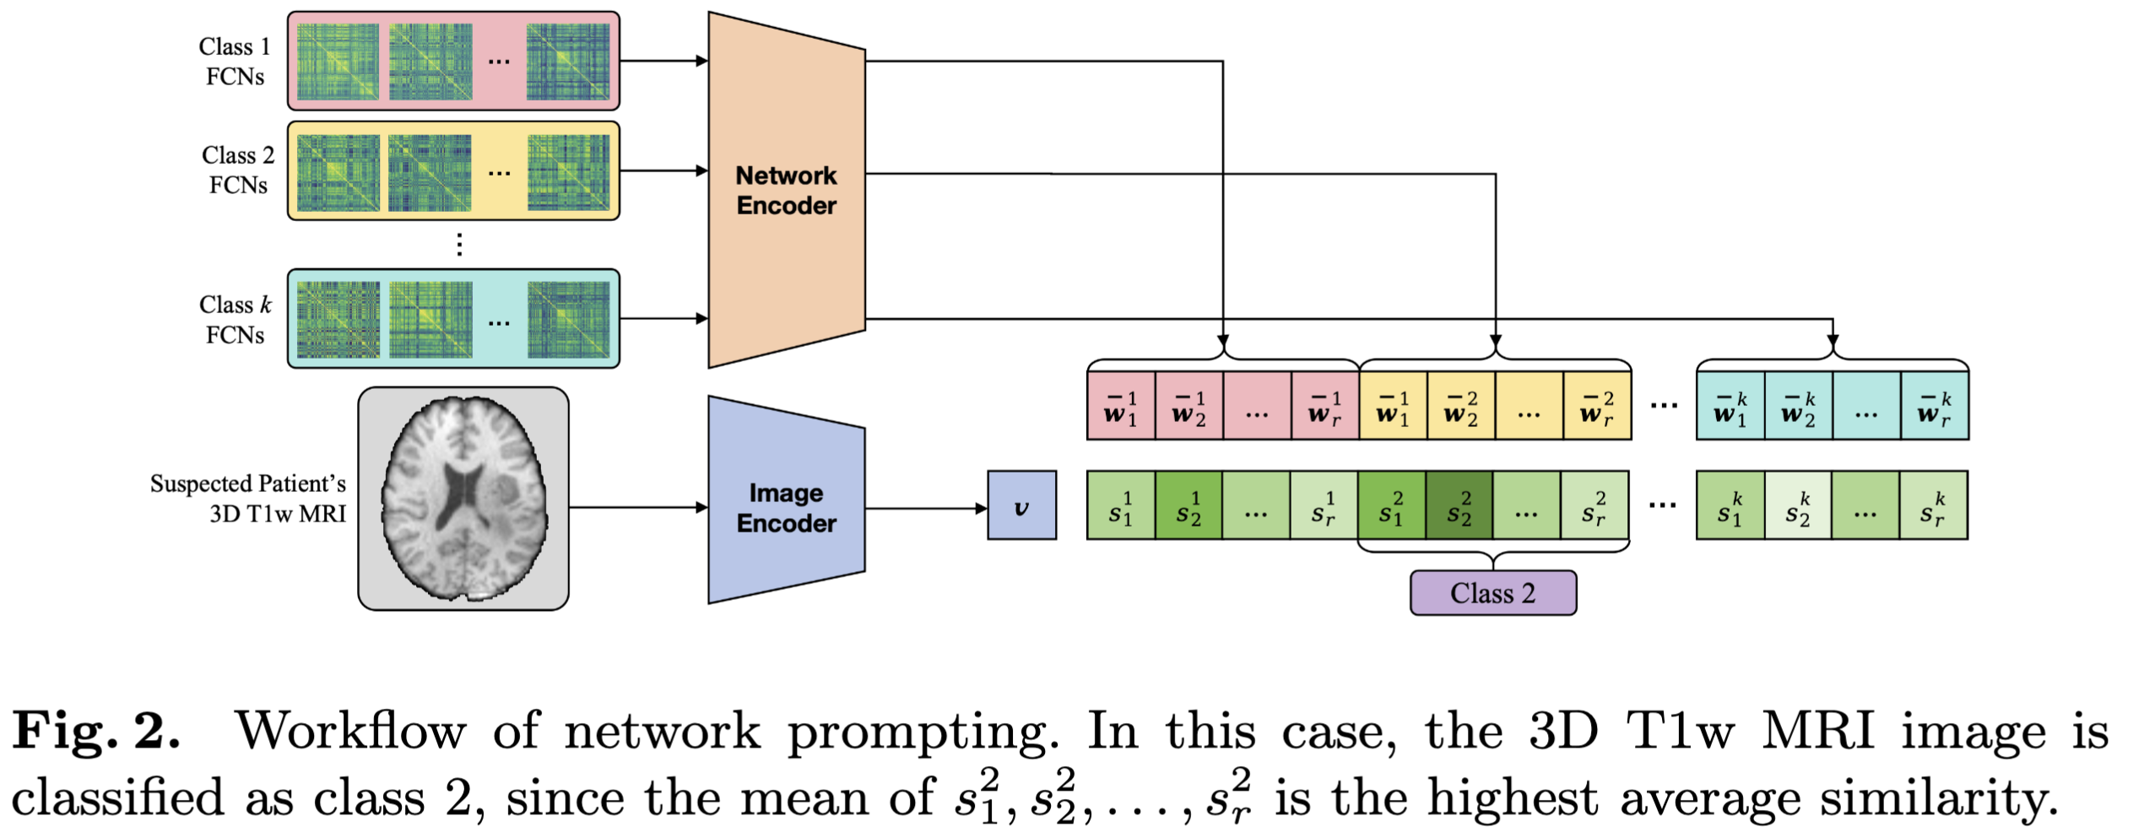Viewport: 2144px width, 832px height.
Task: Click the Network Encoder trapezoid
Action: (x=786, y=190)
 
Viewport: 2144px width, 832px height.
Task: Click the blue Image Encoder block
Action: (x=786, y=506)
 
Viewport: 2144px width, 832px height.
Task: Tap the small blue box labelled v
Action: (x=1021, y=505)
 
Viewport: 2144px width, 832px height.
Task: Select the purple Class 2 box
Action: (x=1492, y=593)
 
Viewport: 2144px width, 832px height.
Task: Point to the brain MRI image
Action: (x=463, y=499)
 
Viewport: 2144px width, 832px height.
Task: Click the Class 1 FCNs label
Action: (x=235, y=62)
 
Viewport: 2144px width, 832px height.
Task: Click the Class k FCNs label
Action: (x=236, y=320)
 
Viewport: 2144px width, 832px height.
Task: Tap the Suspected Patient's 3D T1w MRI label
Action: (x=248, y=499)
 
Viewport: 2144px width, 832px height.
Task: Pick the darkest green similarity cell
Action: (x=1459, y=505)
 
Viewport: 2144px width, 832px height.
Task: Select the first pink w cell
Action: (x=1121, y=407)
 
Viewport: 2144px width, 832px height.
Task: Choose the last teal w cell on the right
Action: (x=1934, y=407)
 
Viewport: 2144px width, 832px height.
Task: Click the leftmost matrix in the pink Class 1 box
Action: (x=338, y=62)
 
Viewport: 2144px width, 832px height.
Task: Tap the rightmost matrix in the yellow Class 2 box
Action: (x=569, y=172)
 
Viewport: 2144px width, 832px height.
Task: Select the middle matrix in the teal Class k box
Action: (x=430, y=320)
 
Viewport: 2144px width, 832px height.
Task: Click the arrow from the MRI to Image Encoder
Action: (x=638, y=507)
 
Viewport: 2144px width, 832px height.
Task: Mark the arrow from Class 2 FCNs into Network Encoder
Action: (x=663, y=170)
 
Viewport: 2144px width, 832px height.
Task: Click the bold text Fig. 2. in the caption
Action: (x=96, y=731)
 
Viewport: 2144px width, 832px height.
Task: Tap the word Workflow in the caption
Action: (x=350, y=731)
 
